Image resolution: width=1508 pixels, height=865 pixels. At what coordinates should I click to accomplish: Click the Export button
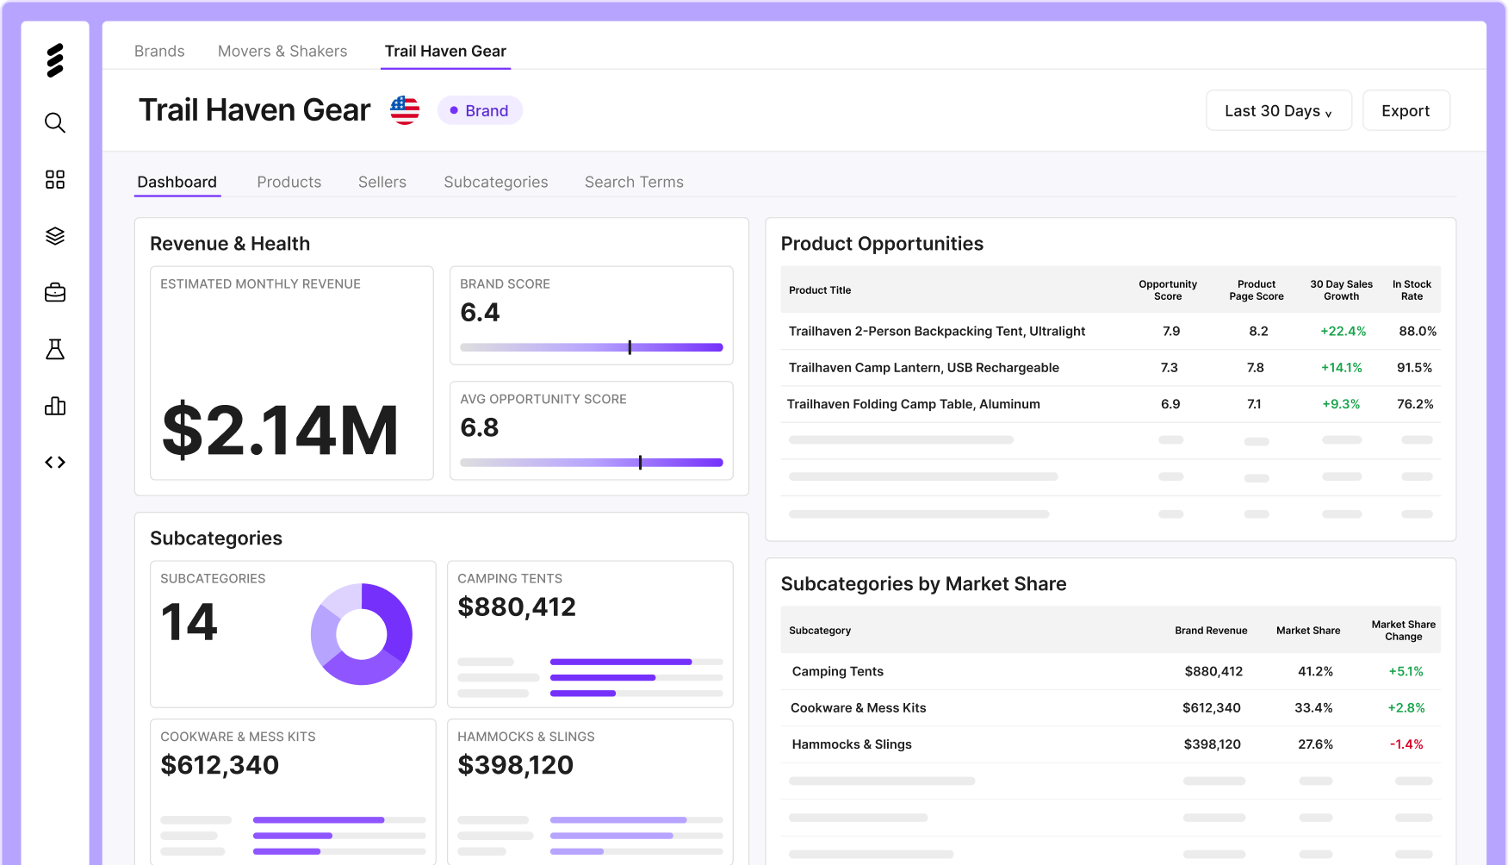coord(1406,110)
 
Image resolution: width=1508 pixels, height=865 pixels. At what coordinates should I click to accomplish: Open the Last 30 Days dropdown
coord(1278,110)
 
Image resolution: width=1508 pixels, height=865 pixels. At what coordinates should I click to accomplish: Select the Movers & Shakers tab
coord(282,51)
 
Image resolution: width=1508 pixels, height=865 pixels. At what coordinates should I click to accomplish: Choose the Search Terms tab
coord(634,182)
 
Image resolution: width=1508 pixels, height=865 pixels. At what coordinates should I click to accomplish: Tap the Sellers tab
coord(382,182)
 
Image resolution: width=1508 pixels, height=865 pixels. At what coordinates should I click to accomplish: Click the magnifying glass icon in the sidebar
coord(55,122)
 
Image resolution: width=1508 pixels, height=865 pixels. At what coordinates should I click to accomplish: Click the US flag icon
coord(405,110)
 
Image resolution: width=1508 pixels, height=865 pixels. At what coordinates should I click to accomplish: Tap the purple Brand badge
coord(480,110)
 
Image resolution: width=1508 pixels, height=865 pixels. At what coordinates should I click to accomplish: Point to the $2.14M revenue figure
coord(280,431)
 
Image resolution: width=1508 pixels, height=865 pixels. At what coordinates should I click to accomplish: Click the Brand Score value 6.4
coord(480,312)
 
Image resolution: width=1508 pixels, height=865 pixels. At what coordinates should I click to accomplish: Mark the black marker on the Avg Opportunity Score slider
coord(640,463)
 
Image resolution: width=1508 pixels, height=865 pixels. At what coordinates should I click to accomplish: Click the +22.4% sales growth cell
coord(1344,331)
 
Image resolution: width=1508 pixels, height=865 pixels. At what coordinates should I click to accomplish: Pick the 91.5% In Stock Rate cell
coord(1414,367)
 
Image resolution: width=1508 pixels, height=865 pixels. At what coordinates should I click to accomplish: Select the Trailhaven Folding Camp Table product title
coord(914,404)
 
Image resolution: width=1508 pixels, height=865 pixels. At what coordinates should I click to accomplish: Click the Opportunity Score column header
coord(1168,290)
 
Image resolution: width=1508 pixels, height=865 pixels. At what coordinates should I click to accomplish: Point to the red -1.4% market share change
coord(1406,744)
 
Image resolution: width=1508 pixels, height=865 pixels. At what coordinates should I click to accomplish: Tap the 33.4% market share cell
coord(1313,708)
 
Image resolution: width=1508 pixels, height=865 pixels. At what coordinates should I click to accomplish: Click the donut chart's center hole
coord(362,634)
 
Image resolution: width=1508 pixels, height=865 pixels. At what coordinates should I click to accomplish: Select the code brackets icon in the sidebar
coord(55,463)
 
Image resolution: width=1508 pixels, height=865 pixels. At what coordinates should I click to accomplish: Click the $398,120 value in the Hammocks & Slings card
coord(515,765)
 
